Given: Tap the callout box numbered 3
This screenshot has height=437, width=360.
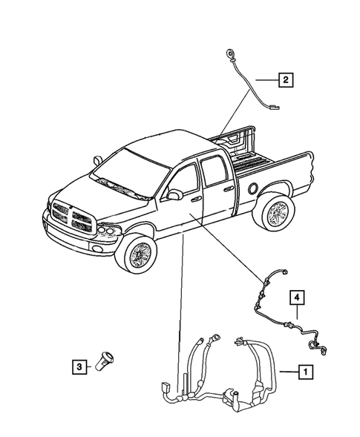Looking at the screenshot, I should click(78, 365).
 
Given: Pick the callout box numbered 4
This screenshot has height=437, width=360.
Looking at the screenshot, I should click(296, 298).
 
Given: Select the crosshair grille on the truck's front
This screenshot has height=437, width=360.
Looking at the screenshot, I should click(73, 217).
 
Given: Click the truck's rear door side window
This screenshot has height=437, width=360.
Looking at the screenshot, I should click(215, 172).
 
